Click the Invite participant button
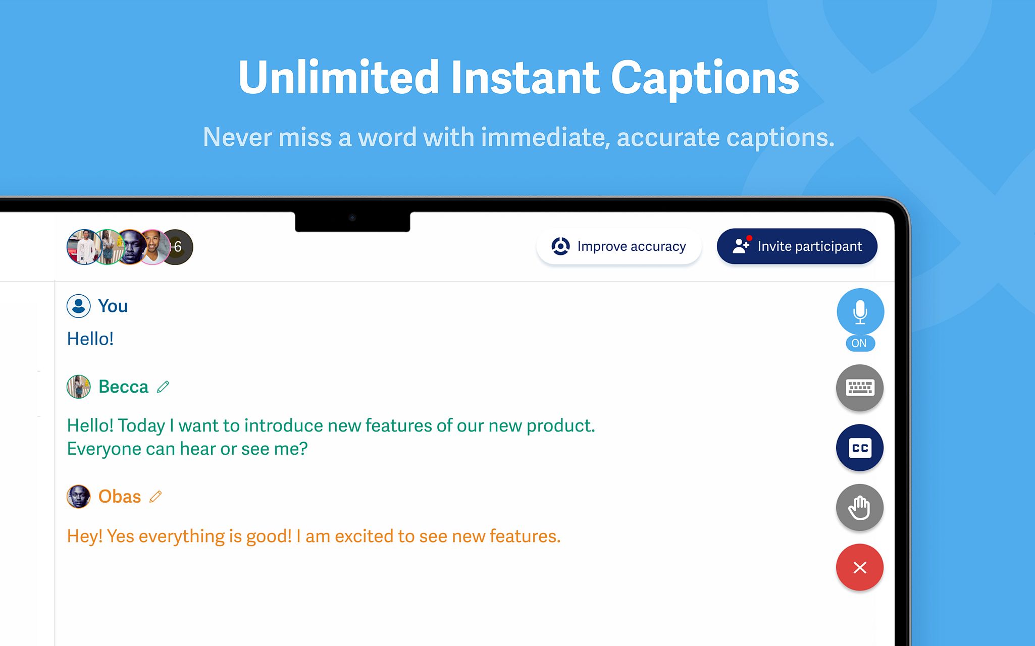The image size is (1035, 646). click(797, 246)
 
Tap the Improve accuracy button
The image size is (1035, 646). click(619, 246)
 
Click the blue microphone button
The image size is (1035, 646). click(860, 312)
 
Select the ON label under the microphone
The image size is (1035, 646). click(859, 343)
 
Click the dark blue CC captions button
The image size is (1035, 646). click(860, 448)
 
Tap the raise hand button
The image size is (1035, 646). click(860, 507)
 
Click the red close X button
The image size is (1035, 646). click(860, 567)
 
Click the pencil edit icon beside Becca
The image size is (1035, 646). click(163, 387)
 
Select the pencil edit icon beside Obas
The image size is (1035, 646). click(156, 497)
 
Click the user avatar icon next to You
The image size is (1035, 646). click(79, 306)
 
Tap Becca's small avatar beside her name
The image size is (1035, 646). click(79, 387)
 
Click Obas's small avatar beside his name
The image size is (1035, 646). click(79, 497)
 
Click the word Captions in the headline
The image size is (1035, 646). click(705, 78)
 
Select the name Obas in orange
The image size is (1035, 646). click(120, 497)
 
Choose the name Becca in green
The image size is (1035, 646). click(123, 387)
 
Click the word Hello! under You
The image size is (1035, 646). click(90, 339)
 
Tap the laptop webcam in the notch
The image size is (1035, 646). click(352, 218)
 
